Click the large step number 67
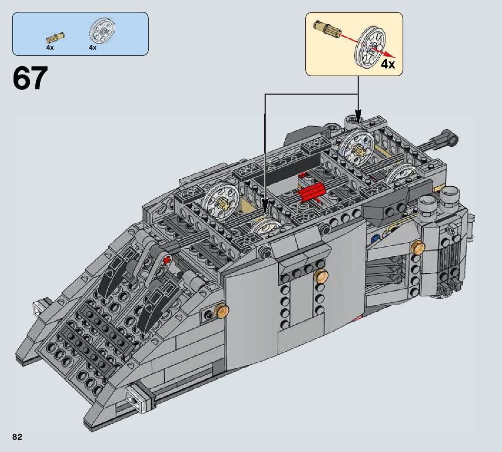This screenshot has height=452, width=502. coord(30,78)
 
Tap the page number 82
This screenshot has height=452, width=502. coord(17,437)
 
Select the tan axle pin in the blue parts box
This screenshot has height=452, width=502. coord(57,36)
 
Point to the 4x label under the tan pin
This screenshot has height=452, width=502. coord(50,48)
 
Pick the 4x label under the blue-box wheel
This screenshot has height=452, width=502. coord(92,48)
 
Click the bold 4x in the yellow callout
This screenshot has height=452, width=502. coord(388,65)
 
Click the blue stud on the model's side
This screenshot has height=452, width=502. coord(374,239)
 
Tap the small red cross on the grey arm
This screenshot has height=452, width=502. coord(165,260)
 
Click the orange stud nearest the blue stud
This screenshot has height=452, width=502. coord(418,247)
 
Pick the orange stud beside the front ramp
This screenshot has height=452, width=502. coord(223,310)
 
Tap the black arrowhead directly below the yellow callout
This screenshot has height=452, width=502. coord(358,118)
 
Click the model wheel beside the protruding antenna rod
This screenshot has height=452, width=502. coord(400,174)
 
